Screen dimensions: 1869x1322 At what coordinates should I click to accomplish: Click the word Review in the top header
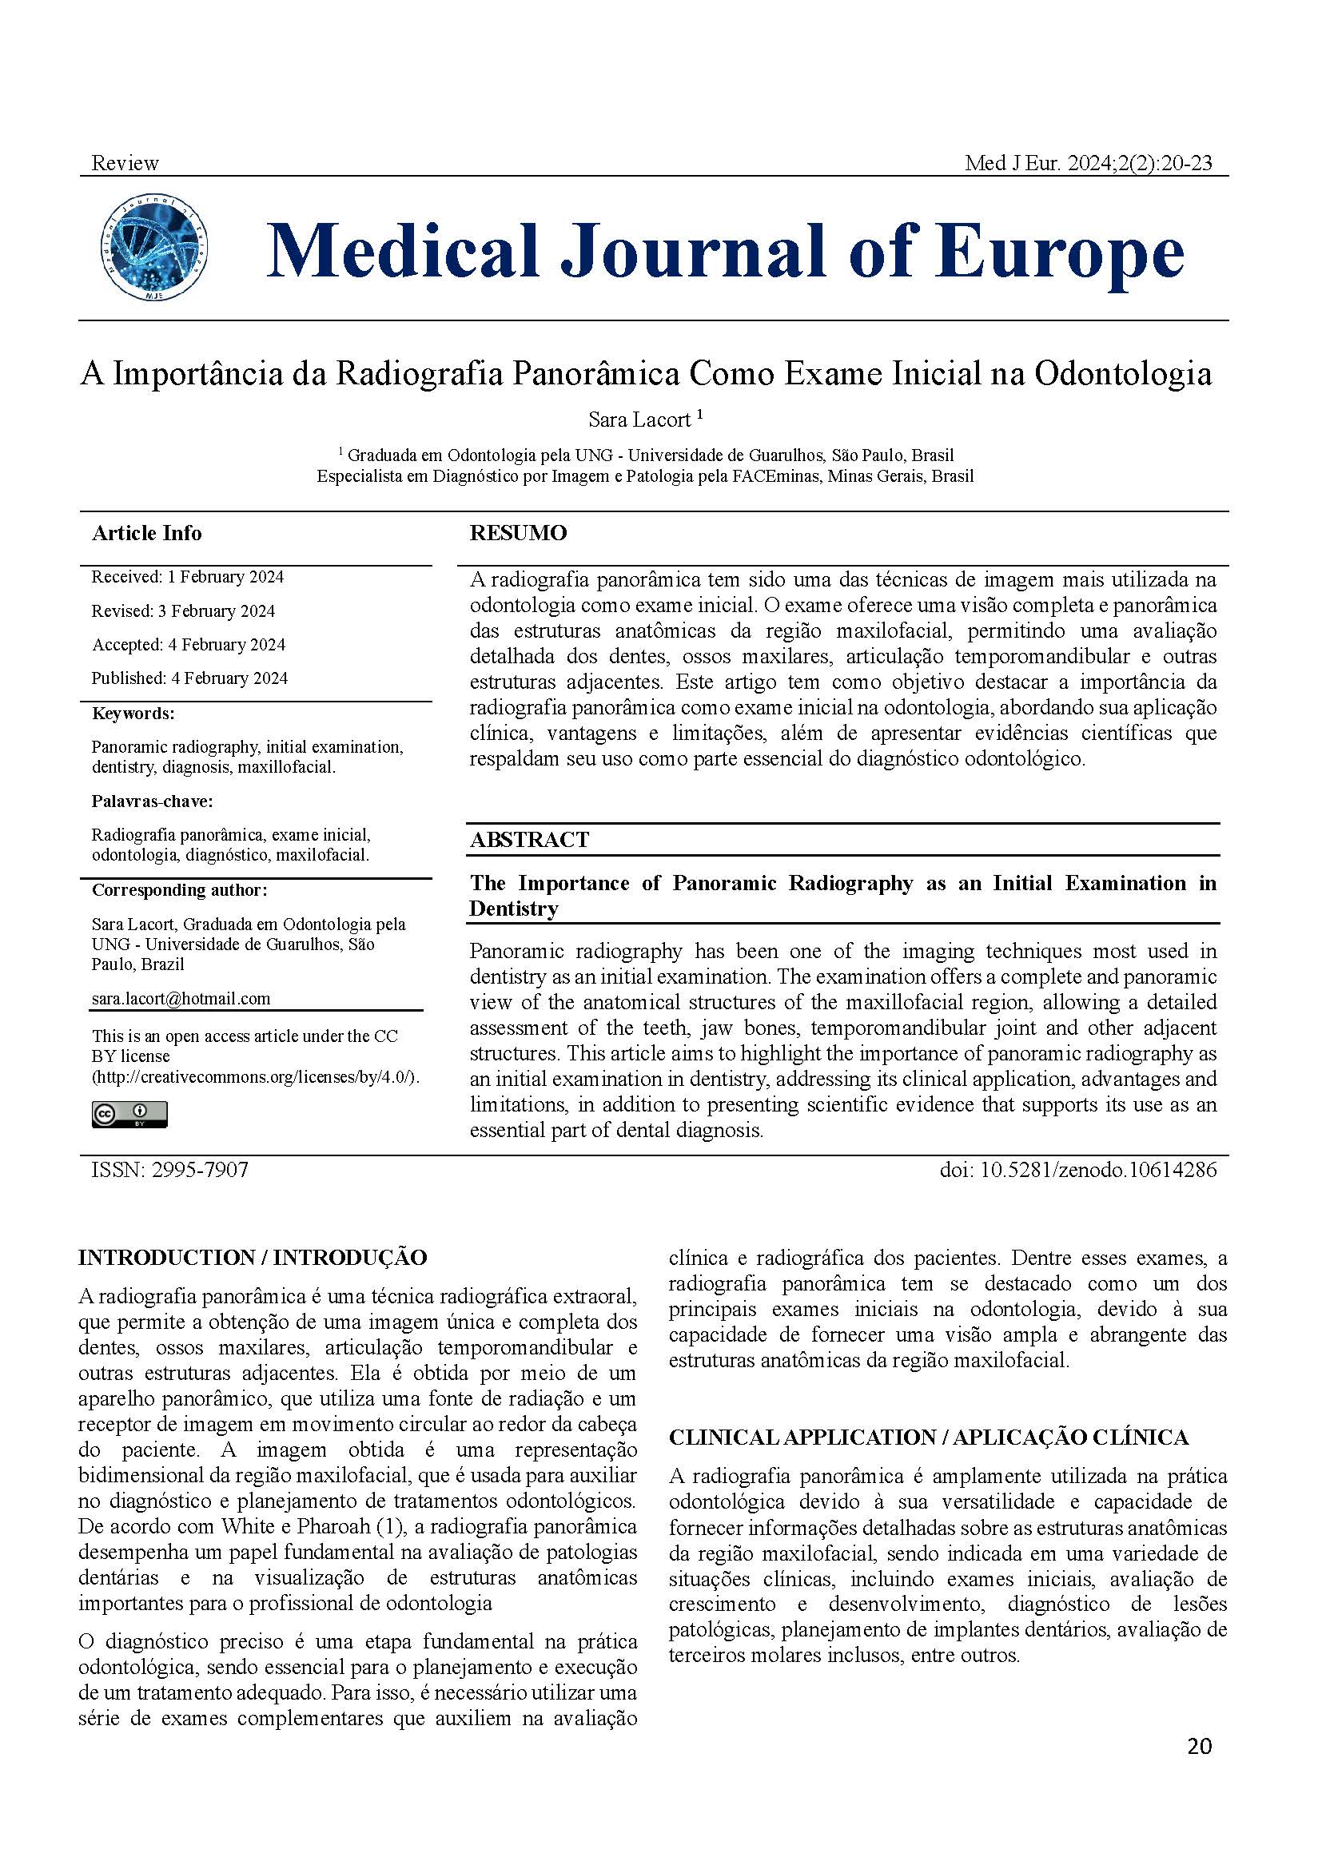coord(125,163)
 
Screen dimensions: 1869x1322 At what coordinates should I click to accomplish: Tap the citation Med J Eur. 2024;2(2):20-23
coord(1088,163)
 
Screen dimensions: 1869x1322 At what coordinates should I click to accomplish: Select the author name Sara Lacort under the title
coord(640,420)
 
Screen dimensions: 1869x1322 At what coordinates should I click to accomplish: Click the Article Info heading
coord(146,533)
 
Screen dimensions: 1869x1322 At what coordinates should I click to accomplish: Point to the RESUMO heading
coord(518,533)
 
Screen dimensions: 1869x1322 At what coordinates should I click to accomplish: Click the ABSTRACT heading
coord(529,839)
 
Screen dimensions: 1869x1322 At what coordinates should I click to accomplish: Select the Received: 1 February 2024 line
coord(187,577)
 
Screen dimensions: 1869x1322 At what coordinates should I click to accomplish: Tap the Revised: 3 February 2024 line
coord(183,610)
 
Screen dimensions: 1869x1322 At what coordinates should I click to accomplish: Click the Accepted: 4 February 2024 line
coord(188,645)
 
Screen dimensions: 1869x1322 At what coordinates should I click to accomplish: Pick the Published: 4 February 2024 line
coord(189,678)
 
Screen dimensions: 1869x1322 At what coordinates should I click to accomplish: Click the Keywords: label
coord(133,714)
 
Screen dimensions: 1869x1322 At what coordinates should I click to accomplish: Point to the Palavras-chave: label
coord(152,801)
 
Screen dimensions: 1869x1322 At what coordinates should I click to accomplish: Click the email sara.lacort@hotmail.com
coord(181,999)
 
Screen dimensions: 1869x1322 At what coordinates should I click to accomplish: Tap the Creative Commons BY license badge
coord(129,1115)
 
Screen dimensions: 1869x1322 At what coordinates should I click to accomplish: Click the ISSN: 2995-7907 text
coord(170,1171)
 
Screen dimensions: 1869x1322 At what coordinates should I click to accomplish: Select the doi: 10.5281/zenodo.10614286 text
coord(1077,1171)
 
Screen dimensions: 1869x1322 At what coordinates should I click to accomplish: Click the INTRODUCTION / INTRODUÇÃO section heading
coord(253,1258)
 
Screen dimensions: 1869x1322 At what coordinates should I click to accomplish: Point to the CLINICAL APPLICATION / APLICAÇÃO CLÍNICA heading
coord(928,1438)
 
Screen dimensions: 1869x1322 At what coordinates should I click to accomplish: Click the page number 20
coord(1199,1746)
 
